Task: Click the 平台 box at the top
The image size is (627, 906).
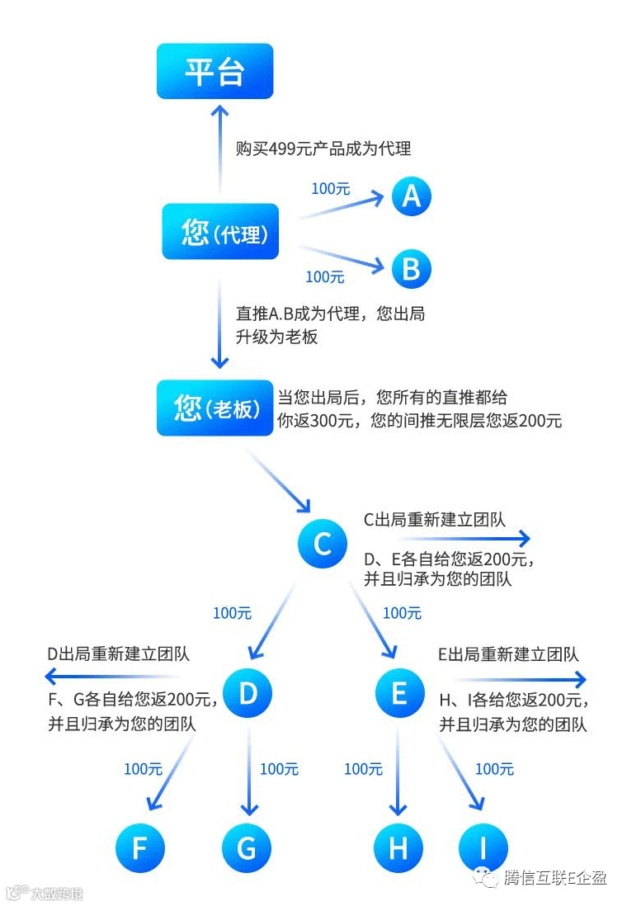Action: (x=214, y=72)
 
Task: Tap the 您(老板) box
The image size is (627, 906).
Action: (x=214, y=408)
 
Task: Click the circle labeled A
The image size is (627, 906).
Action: (x=411, y=196)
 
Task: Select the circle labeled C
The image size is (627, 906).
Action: (x=323, y=544)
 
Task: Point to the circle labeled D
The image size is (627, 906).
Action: (x=247, y=693)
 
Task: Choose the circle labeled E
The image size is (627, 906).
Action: (x=399, y=693)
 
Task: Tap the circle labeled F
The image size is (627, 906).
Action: (x=140, y=847)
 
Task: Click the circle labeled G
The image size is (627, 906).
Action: (x=246, y=847)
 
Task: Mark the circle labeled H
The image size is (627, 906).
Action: (x=398, y=847)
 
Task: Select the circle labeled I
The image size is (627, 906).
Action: (x=483, y=847)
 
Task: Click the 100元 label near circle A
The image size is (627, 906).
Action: (x=331, y=189)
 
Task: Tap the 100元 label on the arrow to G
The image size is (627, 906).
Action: (x=279, y=769)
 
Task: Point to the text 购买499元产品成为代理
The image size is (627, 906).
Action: (x=323, y=149)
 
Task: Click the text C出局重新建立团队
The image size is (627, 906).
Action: (x=435, y=520)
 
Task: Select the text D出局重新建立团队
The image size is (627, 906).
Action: (x=119, y=654)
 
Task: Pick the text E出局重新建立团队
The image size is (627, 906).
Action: (x=509, y=655)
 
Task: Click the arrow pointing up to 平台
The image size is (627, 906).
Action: (x=219, y=149)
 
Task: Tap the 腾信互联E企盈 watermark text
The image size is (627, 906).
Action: (x=554, y=878)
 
